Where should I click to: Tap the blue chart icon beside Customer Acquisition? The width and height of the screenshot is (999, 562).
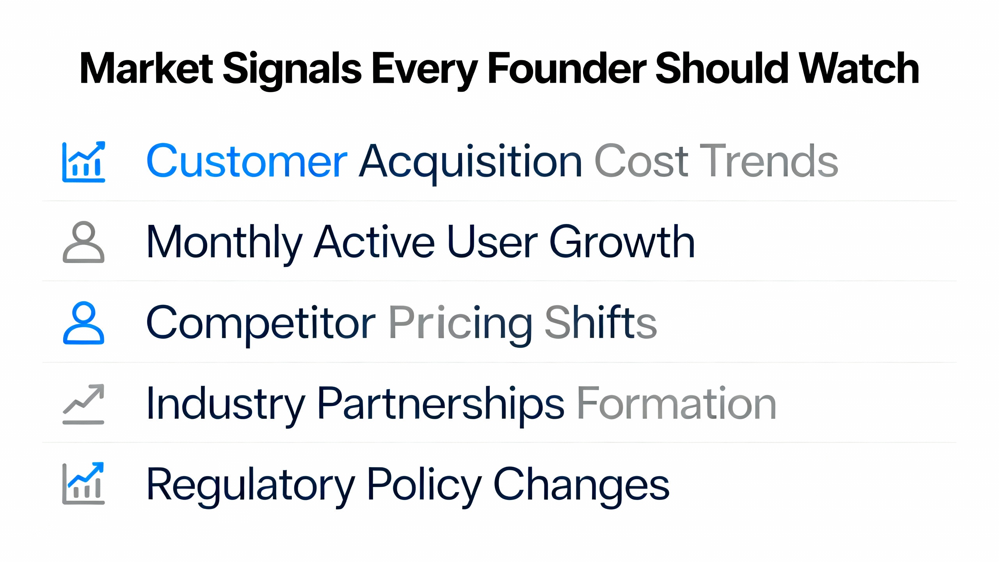[84, 162]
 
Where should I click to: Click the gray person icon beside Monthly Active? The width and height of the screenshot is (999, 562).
[84, 242]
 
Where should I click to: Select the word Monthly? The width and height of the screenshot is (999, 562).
[224, 242]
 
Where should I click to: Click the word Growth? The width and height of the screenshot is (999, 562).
[622, 242]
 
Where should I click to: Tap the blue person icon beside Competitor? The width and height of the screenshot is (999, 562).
[84, 323]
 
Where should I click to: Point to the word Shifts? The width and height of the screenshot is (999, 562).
[601, 323]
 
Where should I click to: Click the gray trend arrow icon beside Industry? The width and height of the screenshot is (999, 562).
[84, 404]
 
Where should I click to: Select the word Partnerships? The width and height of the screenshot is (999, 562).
[441, 404]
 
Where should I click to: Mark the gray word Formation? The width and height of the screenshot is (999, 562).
[677, 404]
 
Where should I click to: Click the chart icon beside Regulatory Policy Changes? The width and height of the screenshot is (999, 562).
[84, 484]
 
